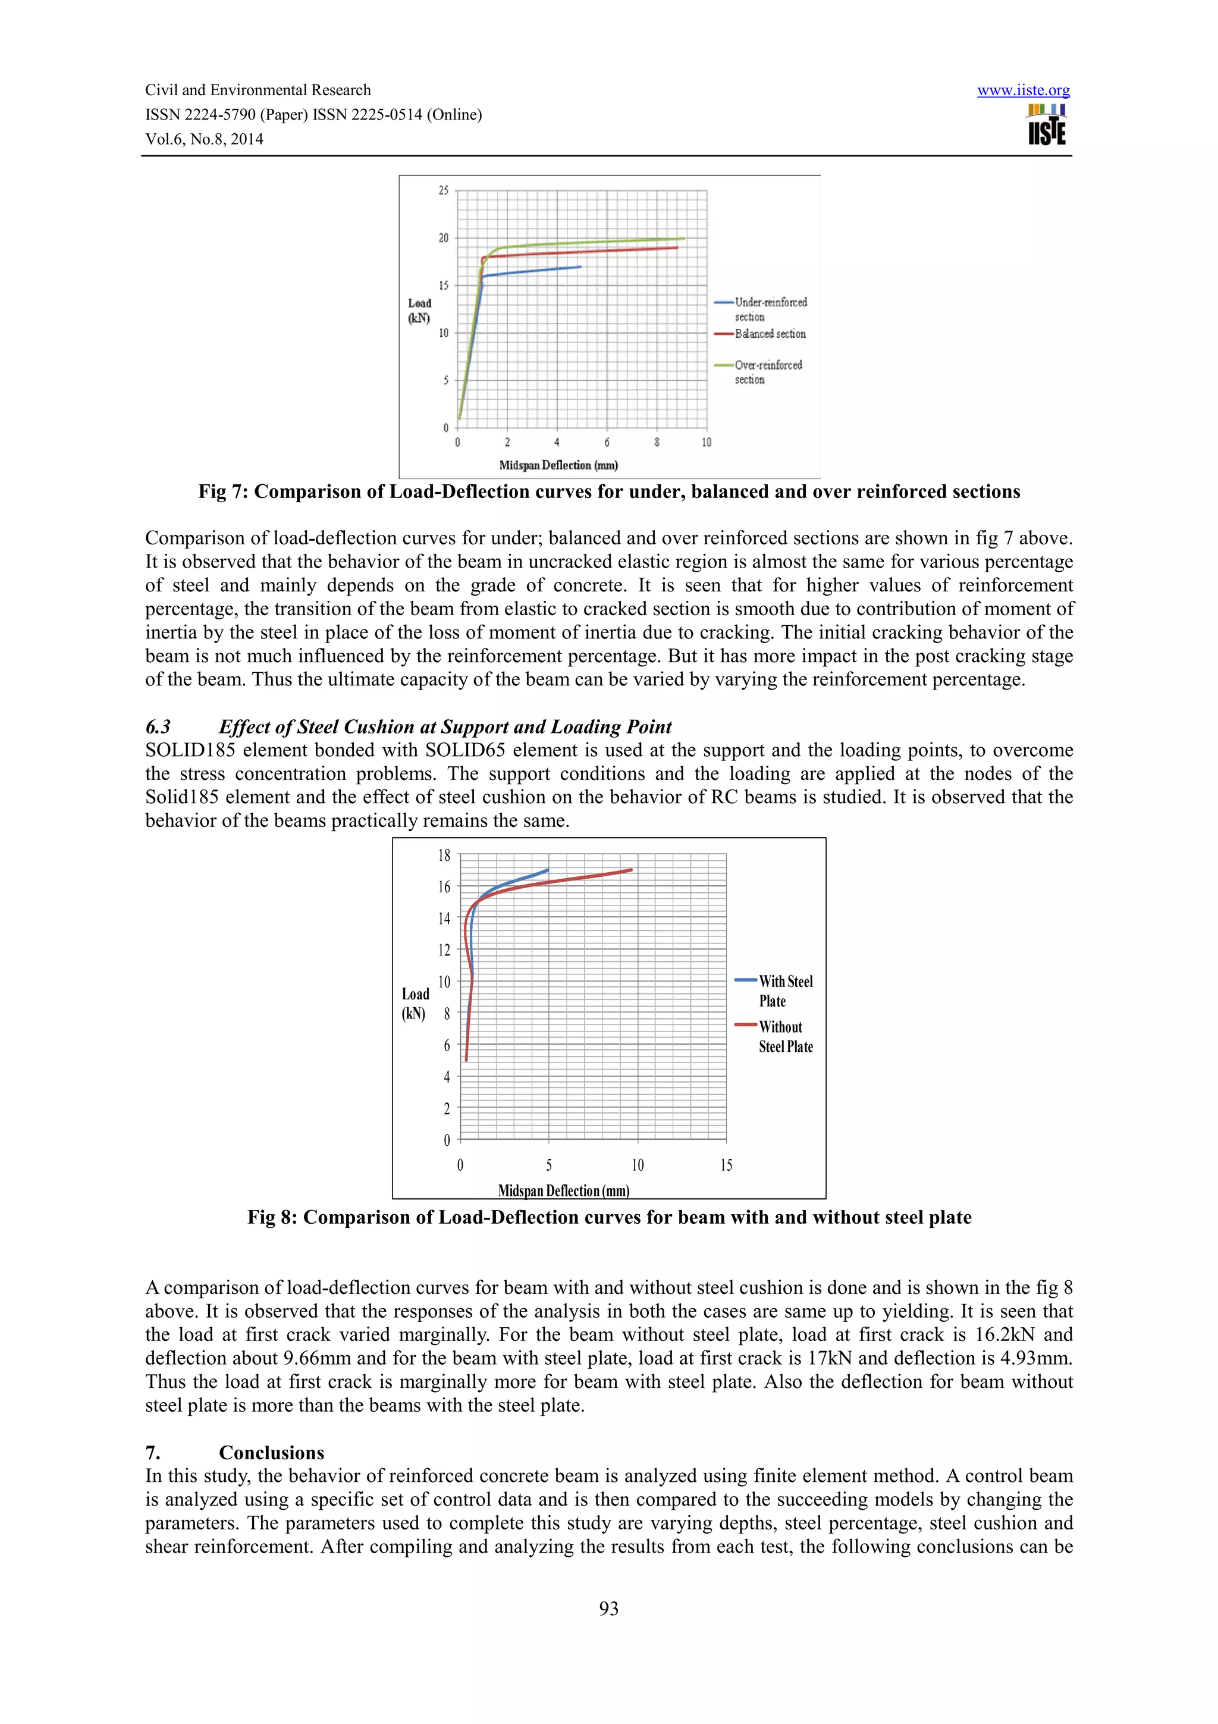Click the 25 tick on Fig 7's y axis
[x=444, y=191]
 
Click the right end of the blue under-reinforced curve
[x=580, y=267]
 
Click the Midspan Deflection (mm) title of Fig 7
[x=558, y=466]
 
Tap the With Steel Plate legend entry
[x=785, y=990]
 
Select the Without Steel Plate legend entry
[x=785, y=1036]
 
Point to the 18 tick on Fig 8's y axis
[x=444, y=855]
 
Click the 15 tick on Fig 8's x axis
[x=726, y=1165]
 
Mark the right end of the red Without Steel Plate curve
[x=631, y=870]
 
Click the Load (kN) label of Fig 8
[x=415, y=1004]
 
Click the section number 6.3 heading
[x=158, y=727]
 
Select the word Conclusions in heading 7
[x=271, y=1452]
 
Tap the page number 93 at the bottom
[x=608, y=1609]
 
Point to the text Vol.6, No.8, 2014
[x=204, y=139]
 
